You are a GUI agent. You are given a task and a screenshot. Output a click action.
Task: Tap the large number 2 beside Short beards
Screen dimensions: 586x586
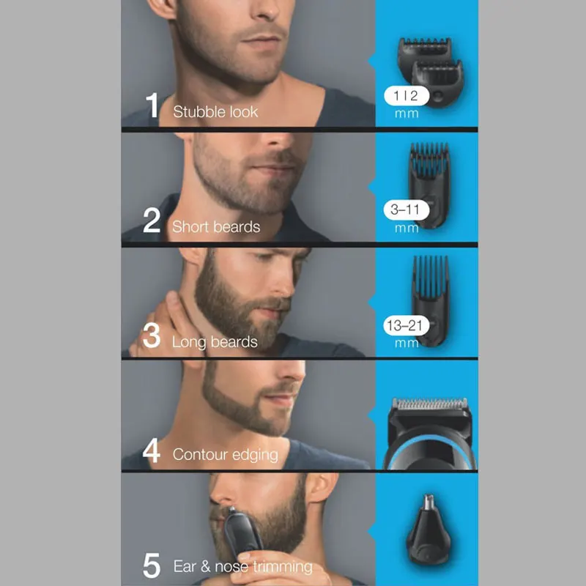coord(152,220)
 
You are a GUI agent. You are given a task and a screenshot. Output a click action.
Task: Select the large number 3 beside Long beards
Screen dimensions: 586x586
coord(152,335)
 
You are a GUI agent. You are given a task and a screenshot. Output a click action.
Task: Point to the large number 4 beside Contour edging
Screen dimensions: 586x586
coord(152,450)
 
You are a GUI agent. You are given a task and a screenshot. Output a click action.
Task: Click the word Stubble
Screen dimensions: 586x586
coord(196,112)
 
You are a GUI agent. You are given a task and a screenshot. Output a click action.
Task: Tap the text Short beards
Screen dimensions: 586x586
coord(216,226)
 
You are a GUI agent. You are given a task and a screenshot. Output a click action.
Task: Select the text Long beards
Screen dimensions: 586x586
coord(215,342)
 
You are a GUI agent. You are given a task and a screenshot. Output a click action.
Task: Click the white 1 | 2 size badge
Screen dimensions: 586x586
coord(404,95)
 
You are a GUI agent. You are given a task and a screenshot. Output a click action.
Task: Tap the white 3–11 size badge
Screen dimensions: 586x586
coord(405,210)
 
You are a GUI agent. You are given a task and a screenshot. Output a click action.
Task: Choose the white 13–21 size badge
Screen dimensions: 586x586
coord(404,325)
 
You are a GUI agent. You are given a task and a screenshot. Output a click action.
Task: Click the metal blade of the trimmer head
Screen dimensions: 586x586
coord(426,404)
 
